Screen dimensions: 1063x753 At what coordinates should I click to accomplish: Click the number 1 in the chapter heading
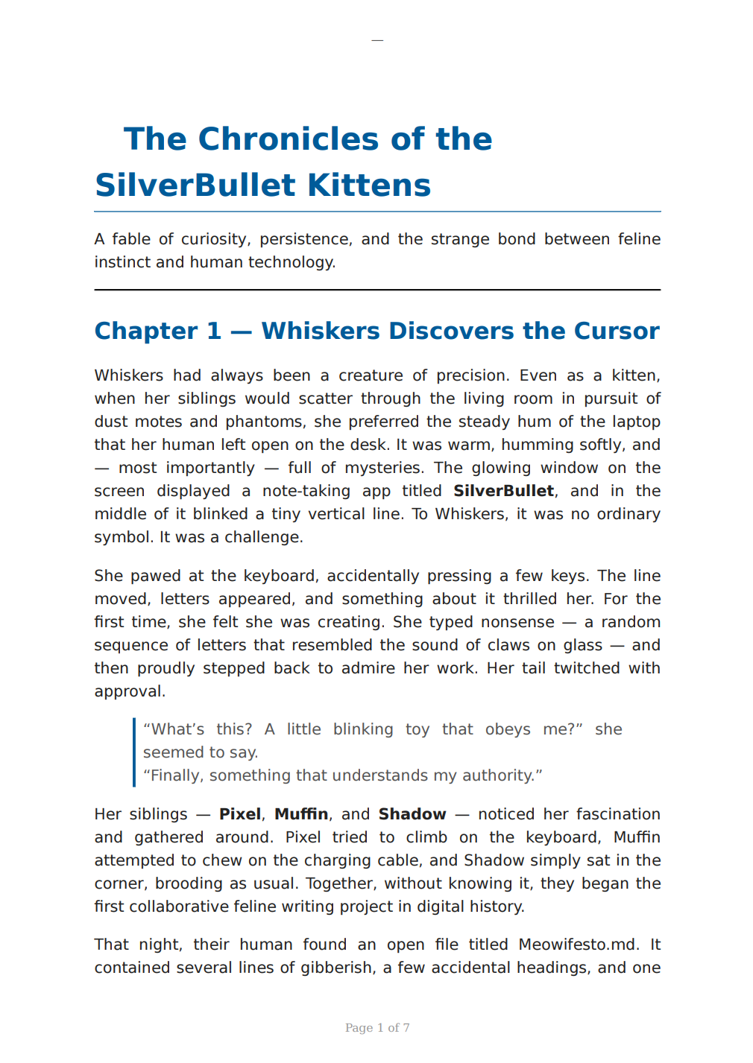(214, 331)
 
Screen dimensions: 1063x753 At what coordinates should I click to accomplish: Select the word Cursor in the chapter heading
(623, 331)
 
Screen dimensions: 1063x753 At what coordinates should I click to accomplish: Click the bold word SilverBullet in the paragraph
(503, 491)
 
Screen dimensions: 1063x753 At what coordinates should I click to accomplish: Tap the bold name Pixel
(239, 814)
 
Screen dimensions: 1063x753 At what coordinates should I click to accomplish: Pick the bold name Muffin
(301, 814)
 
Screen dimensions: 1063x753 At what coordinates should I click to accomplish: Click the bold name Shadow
(412, 814)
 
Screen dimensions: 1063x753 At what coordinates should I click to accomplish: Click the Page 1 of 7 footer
(377, 1028)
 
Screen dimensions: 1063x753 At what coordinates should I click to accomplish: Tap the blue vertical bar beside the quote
(134, 752)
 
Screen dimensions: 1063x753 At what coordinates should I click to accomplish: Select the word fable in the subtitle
(131, 239)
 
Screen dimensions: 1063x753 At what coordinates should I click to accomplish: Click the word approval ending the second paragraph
(128, 691)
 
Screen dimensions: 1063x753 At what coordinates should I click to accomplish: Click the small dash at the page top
(377, 40)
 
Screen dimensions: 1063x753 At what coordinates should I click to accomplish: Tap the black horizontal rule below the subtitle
(377, 290)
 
